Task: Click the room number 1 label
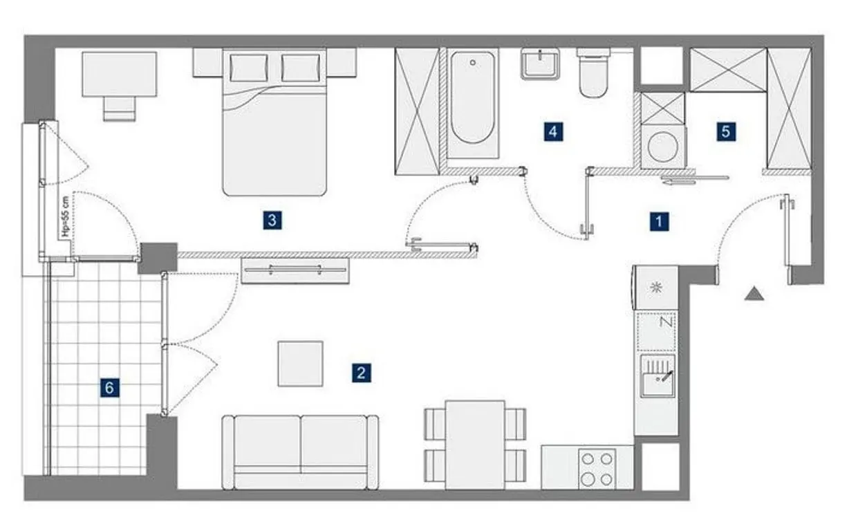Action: point(659,221)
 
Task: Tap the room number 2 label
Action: point(361,373)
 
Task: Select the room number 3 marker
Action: point(272,220)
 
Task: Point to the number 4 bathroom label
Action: point(553,131)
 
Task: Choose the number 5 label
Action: point(726,131)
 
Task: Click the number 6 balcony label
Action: point(109,388)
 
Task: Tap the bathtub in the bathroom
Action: point(473,103)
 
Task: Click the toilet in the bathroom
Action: point(594,73)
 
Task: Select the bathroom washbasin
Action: point(540,64)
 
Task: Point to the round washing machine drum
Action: point(662,147)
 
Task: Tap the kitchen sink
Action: point(657,376)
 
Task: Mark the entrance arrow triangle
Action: point(754,294)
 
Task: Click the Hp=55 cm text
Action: point(66,216)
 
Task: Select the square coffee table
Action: point(300,364)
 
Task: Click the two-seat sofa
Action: point(300,452)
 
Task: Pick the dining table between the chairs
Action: point(475,445)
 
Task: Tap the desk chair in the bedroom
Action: point(120,109)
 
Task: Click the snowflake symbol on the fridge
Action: point(655,288)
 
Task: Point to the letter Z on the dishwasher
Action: point(666,322)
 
